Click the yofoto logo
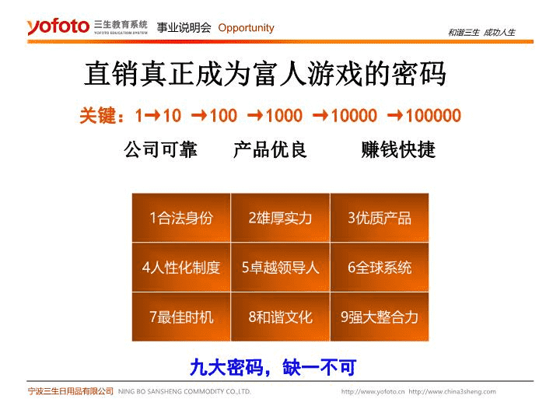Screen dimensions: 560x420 click(58, 26)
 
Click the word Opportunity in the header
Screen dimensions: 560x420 click(246, 28)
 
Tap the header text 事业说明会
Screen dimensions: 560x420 click(184, 27)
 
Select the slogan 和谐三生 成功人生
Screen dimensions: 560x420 click(481, 33)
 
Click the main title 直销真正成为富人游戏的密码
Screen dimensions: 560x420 click(265, 74)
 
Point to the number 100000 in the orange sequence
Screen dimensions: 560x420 click(433, 115)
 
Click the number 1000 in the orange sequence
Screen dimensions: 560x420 click(284, 115)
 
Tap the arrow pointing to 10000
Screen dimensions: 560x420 click(321, 115)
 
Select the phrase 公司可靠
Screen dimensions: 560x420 click(160, 149)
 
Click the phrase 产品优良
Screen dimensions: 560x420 click(270, 149)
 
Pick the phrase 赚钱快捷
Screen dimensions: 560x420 click(398, 149)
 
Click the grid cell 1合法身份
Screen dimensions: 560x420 click(181, 218)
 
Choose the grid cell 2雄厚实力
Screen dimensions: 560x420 click(280, 218)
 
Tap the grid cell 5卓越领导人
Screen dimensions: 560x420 click(280, 267)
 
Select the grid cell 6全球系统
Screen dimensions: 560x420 click(380, 267)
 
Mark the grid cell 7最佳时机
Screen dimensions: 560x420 click(181, 317)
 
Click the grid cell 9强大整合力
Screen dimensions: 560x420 click(380, 317)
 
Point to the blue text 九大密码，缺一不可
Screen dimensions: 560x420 click(273, 367)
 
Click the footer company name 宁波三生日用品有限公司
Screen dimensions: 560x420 click(70, 391)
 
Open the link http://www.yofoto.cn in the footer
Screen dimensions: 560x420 click(373, 391)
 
